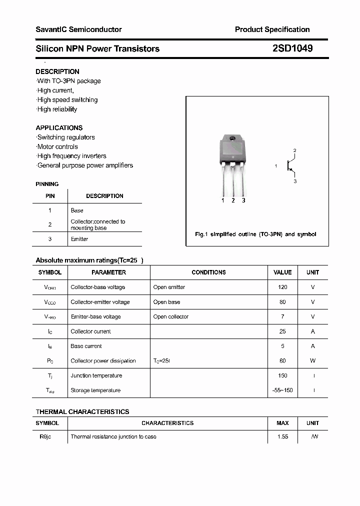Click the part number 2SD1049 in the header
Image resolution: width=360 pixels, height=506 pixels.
pyautogui.click(x=292, y=48)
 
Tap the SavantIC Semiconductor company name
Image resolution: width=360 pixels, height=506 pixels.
pyautogui.click(x=78, y=29)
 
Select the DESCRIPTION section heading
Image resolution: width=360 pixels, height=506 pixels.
pyautogui.click(x=57, y=71)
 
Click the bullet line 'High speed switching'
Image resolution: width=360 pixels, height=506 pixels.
pyautogui.click(x=67, y=99)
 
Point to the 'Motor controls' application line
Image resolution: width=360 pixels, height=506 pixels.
pyautogui.click(x=57, y=146)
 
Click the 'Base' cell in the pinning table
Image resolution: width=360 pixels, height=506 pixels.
pyautogui.click(x=77, y=210)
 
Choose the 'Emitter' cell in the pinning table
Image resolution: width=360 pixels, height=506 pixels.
pyautogui.click(x=79, y=239)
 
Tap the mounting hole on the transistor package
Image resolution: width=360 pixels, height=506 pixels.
pyautogui.click(x=232, y=138)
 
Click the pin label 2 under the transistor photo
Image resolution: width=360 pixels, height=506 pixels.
pyautogui.click(x=233, y=200)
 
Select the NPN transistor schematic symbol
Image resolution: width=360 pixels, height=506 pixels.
pyautogui.click(x=290, y=165)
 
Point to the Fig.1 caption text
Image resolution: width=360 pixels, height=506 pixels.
pyautogui.click(x=255, y=234)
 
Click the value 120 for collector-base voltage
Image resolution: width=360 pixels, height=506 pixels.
pyautogui.click(x=282, y=287)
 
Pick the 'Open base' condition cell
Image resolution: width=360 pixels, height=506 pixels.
pyautogui.click(x=166, y=302)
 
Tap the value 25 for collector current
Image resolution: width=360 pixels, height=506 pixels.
pyautogui.click(x=282, y=331)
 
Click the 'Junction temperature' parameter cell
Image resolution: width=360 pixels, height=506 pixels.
pyautogui.click(x=96, y=375)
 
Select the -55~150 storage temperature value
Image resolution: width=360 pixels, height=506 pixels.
pyautogui.click(x=282, y=390)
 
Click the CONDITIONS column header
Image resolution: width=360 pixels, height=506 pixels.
pyautogui.click(x=208, y=272)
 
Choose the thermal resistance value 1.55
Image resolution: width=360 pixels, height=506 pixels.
pyautogui.click(x=282, y=436)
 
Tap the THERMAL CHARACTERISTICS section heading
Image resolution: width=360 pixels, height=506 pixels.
pyautogui.click(x=82, y=411)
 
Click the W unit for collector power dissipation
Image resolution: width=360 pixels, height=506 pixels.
pyautogui.click(x=313, y=360)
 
